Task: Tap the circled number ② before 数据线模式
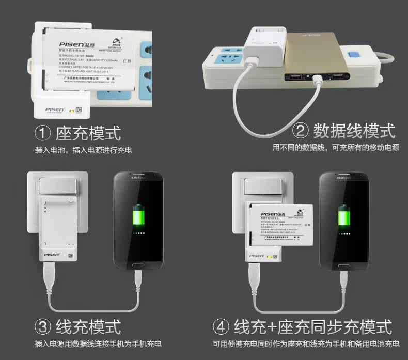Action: coord(300,131)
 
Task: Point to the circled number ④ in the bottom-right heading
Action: coord(221,326)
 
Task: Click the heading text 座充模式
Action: coord(88,133)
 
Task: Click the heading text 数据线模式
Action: coord(354,131)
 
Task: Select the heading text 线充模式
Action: coord(88,326)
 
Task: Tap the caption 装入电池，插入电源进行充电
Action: coord(83,150)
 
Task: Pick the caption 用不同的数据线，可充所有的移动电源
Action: coord(336,147)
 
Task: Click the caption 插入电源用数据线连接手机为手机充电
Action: coord(98,343)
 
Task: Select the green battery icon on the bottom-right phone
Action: coord(342,216)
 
